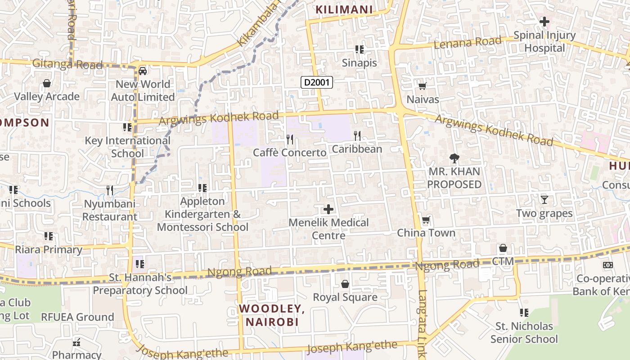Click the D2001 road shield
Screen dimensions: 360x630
(317, 82)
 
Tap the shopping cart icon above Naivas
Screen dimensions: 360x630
(422, 86)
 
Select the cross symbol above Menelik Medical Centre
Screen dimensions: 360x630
(328, 209)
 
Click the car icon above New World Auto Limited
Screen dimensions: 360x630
(143, 71)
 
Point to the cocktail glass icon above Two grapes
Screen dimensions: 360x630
(544, 199)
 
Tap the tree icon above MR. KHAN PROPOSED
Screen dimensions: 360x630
(454, 158)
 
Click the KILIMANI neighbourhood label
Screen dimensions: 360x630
(344, 9)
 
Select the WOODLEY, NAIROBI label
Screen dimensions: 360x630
(272, 315)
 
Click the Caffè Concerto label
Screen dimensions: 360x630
(289, 153)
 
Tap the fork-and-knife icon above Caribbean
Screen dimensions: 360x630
(357, 135)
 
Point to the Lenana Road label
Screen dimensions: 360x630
(468, 43)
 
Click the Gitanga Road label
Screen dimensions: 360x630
(67, 64)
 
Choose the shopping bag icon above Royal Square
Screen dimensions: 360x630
(345, 284)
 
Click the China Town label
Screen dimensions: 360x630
(426, 233)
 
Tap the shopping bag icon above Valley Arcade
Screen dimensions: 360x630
(46, 83)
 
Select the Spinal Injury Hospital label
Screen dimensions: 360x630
(544, 41)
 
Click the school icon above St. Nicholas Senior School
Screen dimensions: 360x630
(524, 312)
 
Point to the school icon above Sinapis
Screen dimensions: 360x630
(359, 49)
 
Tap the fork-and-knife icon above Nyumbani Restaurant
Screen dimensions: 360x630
(110, 190)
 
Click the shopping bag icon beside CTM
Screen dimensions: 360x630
(503, 248)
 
